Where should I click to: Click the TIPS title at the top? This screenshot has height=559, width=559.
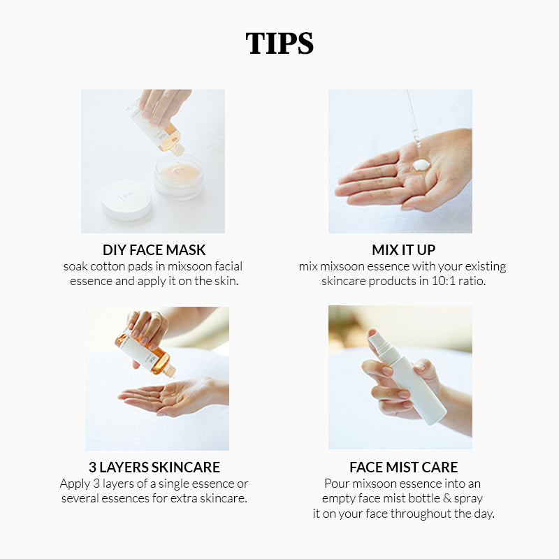[x=279, y=43]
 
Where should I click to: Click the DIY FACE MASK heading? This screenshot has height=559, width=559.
[x=154, y=250]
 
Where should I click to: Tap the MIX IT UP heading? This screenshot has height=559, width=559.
[x=404, y=250]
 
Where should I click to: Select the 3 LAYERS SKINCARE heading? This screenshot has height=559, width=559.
[x=154, y=467]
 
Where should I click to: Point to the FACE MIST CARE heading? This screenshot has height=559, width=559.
[x=404, y=467]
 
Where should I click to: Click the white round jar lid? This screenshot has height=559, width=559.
[x=126, y=200]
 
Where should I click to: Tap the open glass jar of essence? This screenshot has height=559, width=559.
[x=179, y=177]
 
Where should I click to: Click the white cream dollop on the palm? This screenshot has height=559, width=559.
[x=421, y=165]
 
